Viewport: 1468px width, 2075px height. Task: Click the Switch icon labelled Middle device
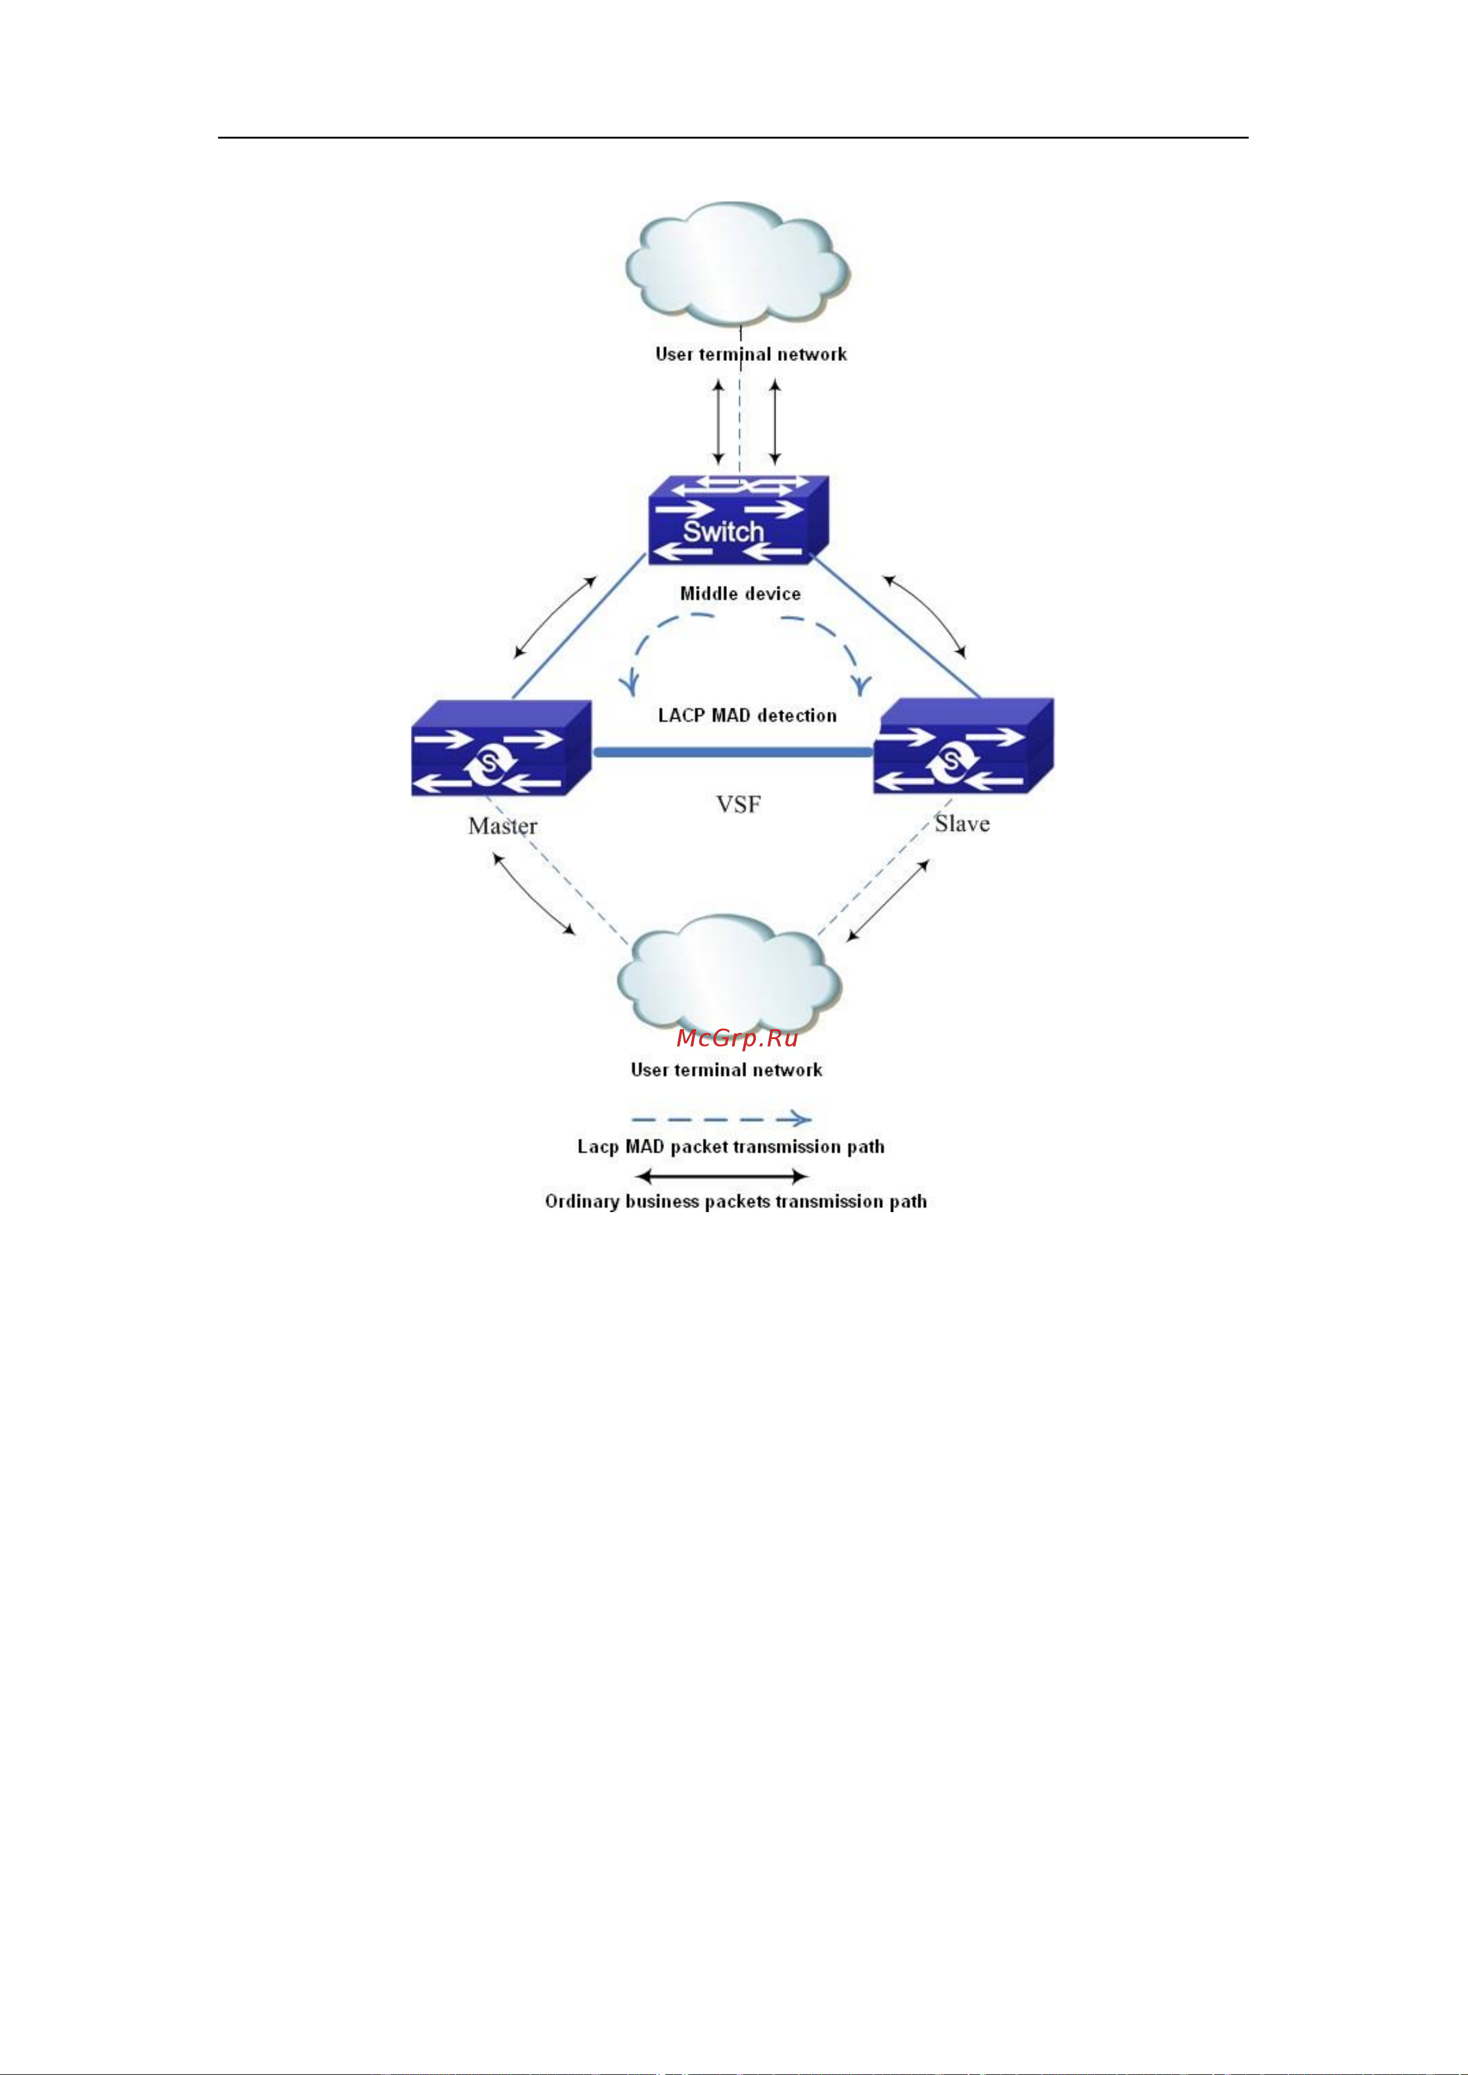(x=737, y=522)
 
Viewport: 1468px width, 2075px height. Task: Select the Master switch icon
(x=501, y=749)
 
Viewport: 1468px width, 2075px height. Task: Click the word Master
(x=503, y=826)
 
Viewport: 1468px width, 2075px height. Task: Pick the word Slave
(x=962, y=823)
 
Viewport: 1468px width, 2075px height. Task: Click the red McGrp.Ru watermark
(x=737, y=1038)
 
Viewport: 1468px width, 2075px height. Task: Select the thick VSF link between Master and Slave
(x=732, y=751)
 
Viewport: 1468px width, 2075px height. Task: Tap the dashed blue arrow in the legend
(x=720, y=1120)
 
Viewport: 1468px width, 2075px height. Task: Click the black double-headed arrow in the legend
(x=721, y=1176)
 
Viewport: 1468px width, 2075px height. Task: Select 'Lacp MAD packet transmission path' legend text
(x=731, y=1147)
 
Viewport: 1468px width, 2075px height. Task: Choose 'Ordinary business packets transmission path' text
(x=735, y=1202)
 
